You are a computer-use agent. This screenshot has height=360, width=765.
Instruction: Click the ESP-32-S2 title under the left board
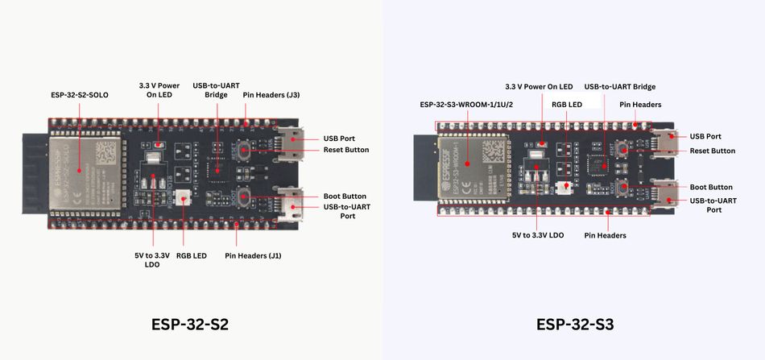point(189,325)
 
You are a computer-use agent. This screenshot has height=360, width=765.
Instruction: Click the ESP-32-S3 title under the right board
point(574,325)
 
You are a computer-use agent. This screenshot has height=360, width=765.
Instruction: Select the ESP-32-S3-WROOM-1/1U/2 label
point(466,104)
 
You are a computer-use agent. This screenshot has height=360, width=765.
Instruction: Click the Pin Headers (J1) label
point(254,255)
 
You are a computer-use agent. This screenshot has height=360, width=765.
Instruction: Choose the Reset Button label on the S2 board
point(345,150)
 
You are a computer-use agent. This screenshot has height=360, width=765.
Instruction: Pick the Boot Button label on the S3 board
point(711,187)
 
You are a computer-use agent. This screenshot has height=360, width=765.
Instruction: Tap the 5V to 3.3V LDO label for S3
point(538,235)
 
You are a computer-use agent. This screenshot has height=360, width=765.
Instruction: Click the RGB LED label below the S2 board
point(192,255)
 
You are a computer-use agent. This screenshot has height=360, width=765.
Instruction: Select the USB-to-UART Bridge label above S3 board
point(619,86)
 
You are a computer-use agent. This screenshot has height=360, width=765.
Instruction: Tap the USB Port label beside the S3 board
point(705,137)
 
